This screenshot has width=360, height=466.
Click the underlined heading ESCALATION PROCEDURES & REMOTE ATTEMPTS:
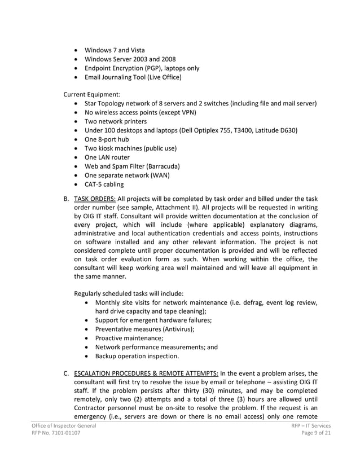146,373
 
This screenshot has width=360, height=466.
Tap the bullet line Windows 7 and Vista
114,50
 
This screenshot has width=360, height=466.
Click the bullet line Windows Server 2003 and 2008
129,59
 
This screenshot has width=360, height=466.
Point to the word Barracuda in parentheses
163,166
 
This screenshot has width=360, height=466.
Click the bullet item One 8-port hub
107,139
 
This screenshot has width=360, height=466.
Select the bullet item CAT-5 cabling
103,184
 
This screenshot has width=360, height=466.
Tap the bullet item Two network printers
115,121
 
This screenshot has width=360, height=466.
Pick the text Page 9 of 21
316,433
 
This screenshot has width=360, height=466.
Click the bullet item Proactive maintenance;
129,338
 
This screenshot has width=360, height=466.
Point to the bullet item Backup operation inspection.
137,356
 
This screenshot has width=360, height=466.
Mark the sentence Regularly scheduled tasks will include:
129,293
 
